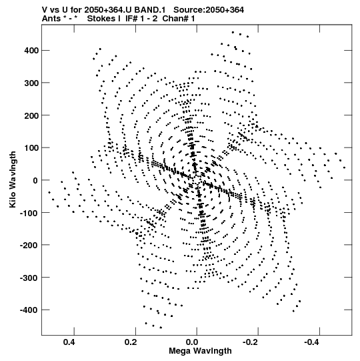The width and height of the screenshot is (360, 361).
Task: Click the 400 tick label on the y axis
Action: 31,51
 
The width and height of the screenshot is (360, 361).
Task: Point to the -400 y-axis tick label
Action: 29,310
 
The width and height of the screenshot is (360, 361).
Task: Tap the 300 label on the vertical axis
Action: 31,83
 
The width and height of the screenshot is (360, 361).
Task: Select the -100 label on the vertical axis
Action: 29,213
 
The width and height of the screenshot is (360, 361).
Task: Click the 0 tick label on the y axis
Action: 35,180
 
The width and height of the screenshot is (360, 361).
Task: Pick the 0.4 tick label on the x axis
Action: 69,342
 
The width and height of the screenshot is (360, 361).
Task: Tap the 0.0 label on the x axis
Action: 192,342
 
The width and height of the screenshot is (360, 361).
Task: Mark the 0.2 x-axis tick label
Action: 131,342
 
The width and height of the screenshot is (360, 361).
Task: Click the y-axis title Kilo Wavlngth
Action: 13,179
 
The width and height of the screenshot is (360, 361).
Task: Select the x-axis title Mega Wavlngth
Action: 200,351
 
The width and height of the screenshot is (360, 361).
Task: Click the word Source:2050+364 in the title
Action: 209,10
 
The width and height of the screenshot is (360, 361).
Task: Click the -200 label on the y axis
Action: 29,245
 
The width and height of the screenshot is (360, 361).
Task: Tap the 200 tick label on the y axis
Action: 31,115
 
